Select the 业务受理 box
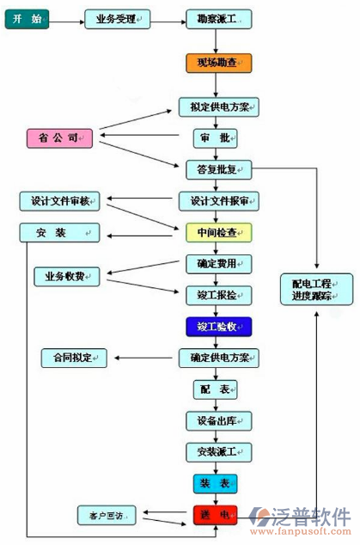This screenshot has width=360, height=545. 118,19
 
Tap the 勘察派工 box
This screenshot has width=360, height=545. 219,19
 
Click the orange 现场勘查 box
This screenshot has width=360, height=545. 219,63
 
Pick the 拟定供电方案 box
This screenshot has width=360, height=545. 219,107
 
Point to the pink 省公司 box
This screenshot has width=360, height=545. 59,138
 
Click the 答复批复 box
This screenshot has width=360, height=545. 219,168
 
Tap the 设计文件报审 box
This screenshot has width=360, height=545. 219,201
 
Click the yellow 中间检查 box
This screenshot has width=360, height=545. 219,232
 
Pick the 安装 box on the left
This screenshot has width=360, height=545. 59,233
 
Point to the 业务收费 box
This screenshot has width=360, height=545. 67,277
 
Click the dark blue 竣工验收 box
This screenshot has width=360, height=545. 219,327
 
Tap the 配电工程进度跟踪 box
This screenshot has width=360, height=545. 316,289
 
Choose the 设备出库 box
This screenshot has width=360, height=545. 219,420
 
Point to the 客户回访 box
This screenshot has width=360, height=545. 107,516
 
